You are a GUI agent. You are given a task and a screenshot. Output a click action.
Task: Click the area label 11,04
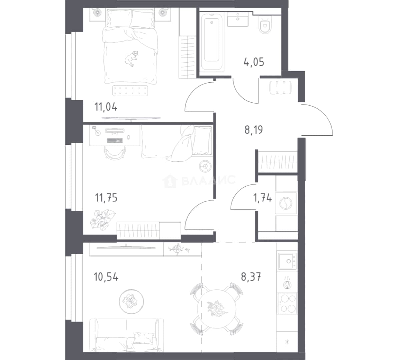pos(106,107)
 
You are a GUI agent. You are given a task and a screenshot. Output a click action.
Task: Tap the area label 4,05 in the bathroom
pos(254,62)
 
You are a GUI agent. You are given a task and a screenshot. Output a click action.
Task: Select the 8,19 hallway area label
pos(254,130)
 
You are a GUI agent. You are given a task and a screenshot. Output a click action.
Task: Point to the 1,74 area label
pos(262,198)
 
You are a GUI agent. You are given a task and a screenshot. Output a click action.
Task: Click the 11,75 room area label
pos(106,198)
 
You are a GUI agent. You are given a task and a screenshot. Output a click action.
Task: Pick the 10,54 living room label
pos(106,277)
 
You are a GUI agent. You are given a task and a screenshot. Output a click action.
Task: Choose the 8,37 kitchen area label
pos(251,277)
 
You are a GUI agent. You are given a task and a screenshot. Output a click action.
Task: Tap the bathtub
pos(212,42)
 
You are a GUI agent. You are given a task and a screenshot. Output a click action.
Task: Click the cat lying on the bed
pos(131,59)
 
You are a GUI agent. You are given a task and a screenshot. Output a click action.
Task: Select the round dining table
pos(217,309)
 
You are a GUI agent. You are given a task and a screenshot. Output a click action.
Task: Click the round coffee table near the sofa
pos(131,301)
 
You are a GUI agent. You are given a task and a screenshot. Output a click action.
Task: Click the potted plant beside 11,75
pos(103,219)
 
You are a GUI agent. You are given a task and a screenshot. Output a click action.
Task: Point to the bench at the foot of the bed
pos(130,91)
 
